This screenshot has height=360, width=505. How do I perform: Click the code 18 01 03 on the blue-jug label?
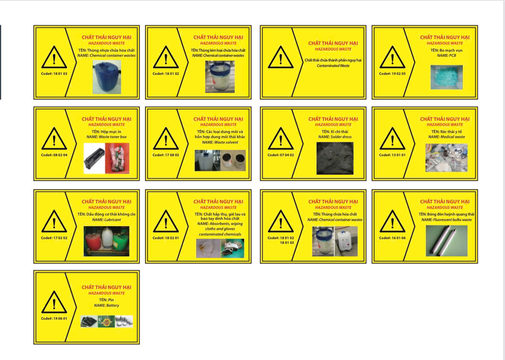coord(54,73)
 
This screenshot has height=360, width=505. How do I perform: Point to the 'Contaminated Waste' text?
coord(333,66)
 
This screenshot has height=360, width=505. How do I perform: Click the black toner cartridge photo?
coord(94,158)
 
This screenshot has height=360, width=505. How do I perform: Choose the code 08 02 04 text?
coord(54,155)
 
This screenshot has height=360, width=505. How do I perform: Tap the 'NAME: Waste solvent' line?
coord(220,142)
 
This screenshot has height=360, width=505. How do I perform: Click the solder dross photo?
coord(335,158)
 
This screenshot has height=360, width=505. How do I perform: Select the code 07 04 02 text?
coord(280,155)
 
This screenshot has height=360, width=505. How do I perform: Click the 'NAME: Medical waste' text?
coord(446,137)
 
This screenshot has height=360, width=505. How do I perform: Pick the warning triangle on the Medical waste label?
coord(392,139)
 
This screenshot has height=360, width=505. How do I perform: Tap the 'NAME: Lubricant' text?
coord(107,220)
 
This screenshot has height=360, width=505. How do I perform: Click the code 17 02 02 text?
coord(54,238)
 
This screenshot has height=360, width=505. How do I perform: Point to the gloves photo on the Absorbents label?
coord(232,248)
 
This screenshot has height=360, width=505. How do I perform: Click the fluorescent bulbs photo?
coord(446,241)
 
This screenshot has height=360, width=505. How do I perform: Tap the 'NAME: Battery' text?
coord(106,305)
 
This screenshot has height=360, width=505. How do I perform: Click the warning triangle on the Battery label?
coord(54,303)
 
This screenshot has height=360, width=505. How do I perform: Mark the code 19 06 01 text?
coord(54,318)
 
